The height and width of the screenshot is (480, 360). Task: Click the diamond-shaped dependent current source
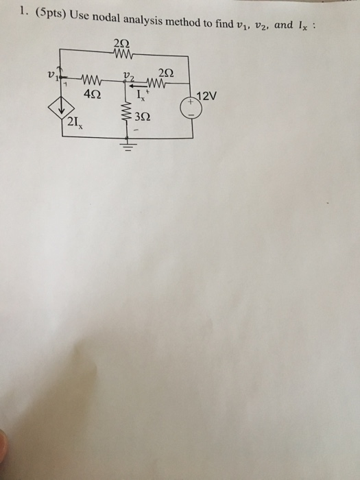[62, 107]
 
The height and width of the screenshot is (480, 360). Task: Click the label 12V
[207, 96]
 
